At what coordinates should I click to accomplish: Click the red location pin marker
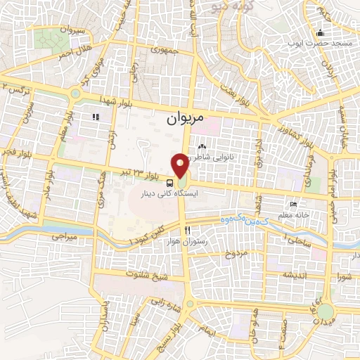pyautogui.click(x=181, y=166)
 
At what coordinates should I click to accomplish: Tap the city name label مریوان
pyautogui.click(x=185, y=120)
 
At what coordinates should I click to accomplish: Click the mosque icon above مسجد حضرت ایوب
pyautogui.click(x=321, y=32)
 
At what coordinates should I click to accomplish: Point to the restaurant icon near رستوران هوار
pyautogui.click(x=187, y=230)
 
